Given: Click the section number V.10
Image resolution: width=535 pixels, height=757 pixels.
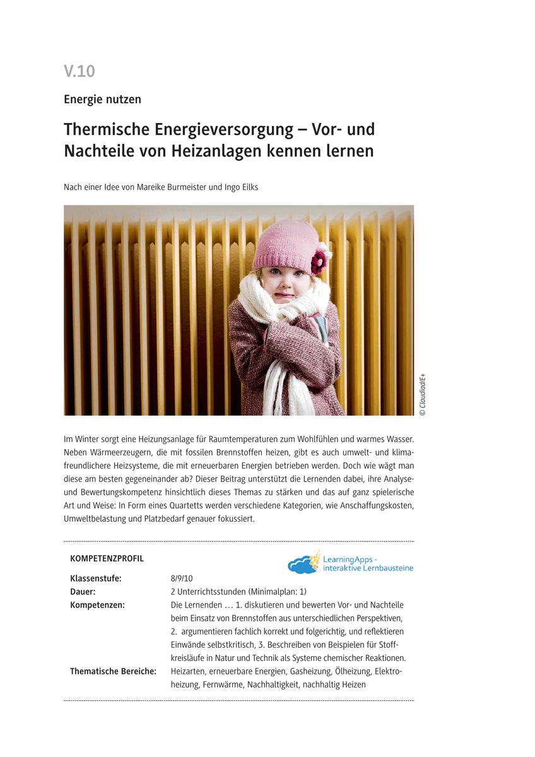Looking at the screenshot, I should coord(79,71).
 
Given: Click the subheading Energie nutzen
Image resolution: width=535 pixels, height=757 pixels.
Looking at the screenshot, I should coord(102,99).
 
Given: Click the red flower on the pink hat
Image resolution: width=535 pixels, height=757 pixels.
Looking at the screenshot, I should coord(319,259).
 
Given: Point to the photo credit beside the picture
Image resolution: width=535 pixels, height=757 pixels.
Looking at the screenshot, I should coord(423,394).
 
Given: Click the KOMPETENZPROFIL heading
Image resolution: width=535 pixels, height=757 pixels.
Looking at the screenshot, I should coord(107,558).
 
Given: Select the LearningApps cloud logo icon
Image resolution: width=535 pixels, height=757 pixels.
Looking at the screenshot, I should coord(303,563).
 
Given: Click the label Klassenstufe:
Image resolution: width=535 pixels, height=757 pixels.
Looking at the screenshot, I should coord(96,578).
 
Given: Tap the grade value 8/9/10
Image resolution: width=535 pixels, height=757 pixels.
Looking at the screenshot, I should coord(182,578).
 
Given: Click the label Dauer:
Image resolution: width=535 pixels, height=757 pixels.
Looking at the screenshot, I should coord(83,592).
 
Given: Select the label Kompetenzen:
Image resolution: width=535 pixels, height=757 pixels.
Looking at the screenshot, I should coord(97,605).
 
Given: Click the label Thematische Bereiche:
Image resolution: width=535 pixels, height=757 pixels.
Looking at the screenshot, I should coord(113,671).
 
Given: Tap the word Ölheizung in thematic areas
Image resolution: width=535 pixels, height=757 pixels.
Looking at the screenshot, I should coord(351,671).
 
